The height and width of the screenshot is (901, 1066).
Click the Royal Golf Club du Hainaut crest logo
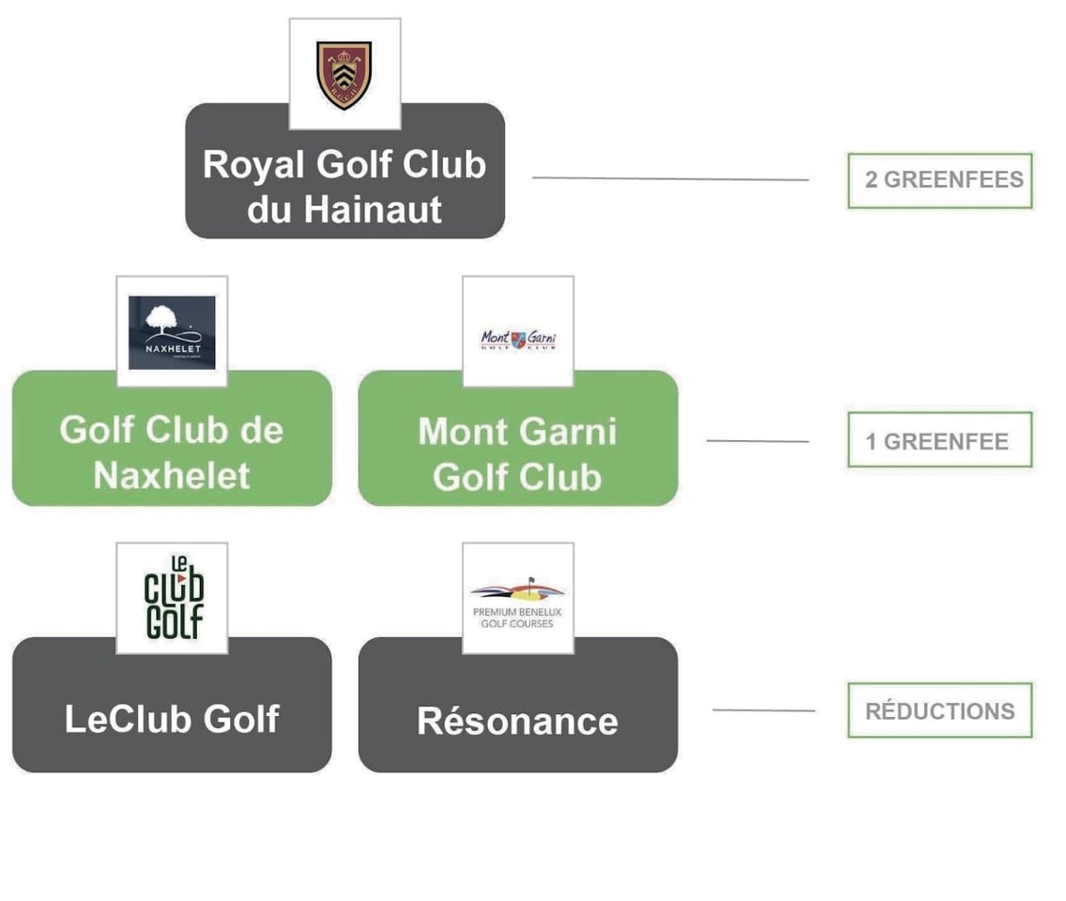(344, 75)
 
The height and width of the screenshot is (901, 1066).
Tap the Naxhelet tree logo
(172, 332)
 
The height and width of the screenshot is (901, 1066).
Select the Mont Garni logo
(518, 339)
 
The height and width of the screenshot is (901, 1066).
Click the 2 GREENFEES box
(939, 180)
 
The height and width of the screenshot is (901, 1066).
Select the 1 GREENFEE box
(939, 440)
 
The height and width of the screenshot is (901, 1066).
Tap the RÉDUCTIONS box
(939, 710)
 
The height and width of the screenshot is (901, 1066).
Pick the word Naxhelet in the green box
(172, 476)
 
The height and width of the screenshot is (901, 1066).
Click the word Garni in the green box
(572, 432)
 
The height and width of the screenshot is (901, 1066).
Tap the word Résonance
(517, 721)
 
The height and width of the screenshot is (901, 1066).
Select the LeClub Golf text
(172, 719)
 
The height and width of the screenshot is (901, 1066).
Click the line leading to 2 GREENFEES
(670, 178)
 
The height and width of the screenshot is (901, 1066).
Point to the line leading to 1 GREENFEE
(756, 440)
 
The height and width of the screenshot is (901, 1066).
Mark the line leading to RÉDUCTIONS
(763, 710)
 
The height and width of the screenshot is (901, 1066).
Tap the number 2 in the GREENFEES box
(872, 180)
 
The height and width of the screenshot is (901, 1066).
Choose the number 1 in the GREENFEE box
(872, 441)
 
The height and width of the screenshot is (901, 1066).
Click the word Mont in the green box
(461, 432)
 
